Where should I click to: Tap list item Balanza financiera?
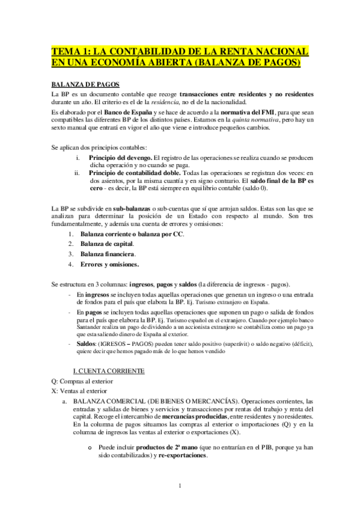coord(108,254)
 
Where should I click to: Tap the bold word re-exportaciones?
coord(183,455)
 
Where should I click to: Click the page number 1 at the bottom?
coord(180,486)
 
